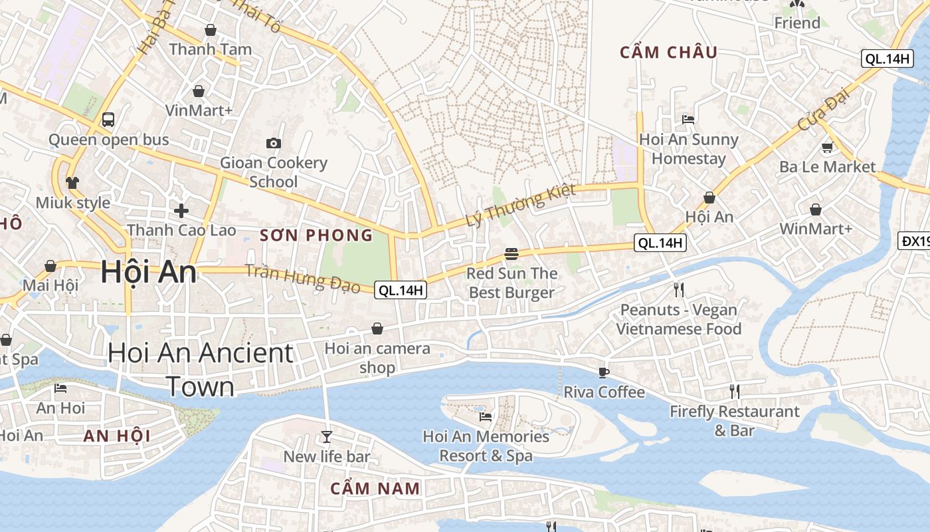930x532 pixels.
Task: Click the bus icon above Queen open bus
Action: point(108,120)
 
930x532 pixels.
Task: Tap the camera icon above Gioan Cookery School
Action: point(273,143)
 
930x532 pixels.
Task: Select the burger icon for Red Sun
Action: point(511,253)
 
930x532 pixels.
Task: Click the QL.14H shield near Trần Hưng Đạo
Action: point(401,290)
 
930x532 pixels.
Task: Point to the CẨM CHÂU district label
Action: point(668,53)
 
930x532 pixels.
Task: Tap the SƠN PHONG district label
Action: point(316,235)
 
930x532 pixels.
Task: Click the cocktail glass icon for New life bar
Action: point(326,437)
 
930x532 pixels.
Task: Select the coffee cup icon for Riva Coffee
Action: point(603,372)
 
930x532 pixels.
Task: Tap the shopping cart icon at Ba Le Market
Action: point(827,147)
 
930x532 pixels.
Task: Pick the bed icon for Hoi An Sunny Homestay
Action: point(688,120)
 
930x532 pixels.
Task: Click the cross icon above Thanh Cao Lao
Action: point(181,211)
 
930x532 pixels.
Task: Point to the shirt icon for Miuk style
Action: point(72,183)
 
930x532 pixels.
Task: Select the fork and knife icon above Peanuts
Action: point(678,289)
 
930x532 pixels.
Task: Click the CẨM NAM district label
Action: point(375,489)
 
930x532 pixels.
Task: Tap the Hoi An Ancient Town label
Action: point(200,369)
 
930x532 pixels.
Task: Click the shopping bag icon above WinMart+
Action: point(815,210)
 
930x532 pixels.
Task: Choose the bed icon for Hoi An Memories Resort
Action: point(486,417)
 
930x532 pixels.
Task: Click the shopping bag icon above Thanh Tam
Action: point(211,30)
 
